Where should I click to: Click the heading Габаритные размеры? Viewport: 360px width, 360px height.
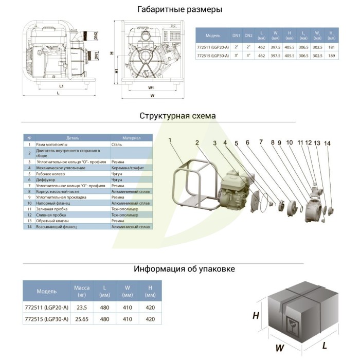pos(179,10)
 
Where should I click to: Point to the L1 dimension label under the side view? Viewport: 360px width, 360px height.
pos(61,86)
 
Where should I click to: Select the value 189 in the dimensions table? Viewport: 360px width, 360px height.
pos(332,56)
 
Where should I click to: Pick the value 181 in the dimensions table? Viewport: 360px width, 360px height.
pos(332,47)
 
